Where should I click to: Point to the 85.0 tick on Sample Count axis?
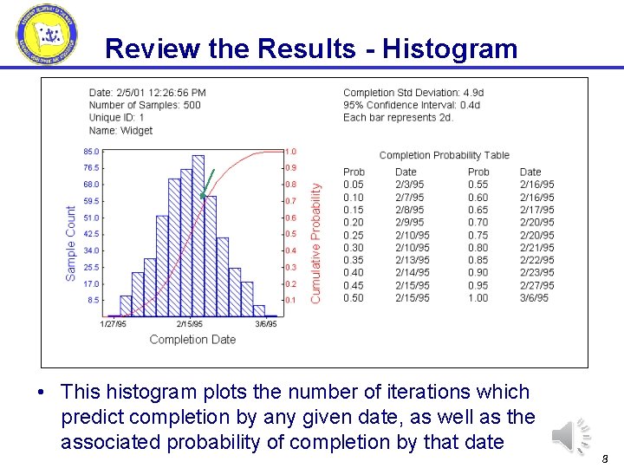coord(90,152)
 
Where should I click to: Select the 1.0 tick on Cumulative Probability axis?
coord(290,152)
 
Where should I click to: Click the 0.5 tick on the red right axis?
coord(290,234)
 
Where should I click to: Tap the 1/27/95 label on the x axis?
coord(114,324)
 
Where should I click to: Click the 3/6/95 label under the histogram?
coord(265,324)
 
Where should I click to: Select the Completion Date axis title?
coord(192,340)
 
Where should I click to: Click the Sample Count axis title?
coord(71,243)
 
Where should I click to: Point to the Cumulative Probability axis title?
coord(315,242)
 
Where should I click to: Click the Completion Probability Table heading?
coord(444,155)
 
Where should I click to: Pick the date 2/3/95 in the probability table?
coord(409,185)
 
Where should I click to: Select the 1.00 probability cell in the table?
coord(478,298)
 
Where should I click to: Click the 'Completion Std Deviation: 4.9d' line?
coord(413,93)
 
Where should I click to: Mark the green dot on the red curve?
coord(201,196)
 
